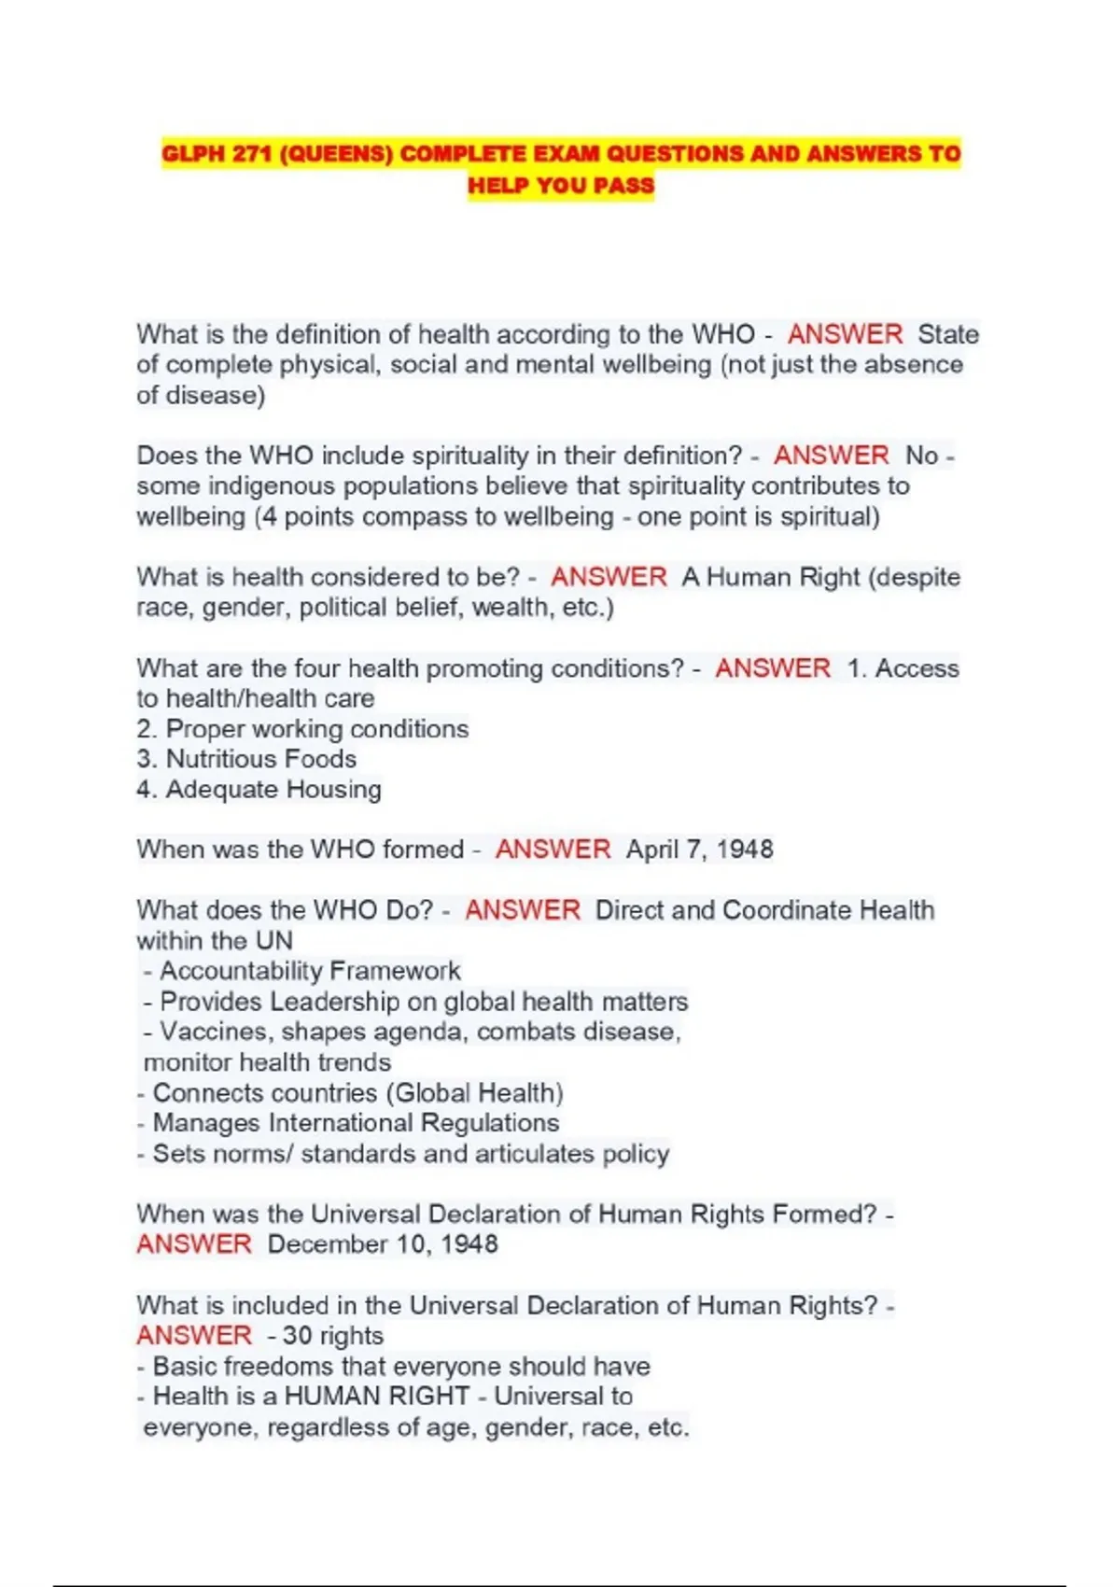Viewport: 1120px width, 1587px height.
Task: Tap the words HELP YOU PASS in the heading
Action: [561, 185]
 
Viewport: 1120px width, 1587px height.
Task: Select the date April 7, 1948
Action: [699, 850]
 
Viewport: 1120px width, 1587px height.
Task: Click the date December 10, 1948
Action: [383, 1244]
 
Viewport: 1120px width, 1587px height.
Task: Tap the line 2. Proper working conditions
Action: [302, 729]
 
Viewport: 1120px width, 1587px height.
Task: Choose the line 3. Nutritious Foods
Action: [246, 759]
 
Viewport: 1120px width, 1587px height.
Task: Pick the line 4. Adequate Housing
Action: [259, 790]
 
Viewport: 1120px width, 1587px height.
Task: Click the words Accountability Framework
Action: [310, 971]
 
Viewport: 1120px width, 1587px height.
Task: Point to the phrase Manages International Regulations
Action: [356, 1123]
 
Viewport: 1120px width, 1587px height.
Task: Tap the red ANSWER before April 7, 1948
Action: [553, 850]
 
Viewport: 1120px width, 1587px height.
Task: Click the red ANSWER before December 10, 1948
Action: [194, 1244]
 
